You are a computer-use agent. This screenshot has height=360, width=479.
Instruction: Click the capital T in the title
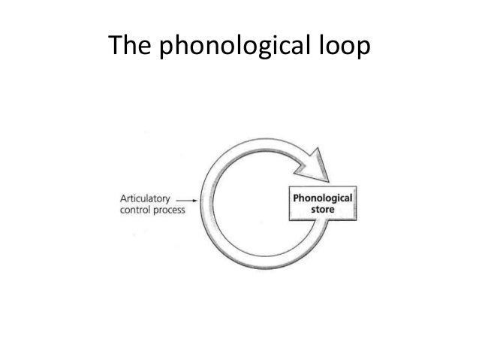(116, 47)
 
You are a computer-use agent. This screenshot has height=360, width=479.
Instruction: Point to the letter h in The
(128, 47)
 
